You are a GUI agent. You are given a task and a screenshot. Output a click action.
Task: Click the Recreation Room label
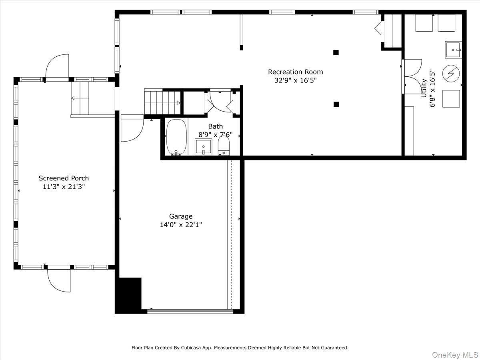tap(295, 72)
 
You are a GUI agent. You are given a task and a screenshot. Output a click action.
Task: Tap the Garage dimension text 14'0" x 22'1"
tap(181, 225)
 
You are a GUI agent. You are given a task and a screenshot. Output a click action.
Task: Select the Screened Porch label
tap(64, 178)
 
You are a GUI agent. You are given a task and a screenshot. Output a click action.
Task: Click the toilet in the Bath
tap(224, 145)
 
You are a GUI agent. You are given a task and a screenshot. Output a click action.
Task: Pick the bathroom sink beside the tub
tap(203, 146)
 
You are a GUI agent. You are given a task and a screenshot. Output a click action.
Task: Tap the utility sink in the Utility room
tap(453, 49)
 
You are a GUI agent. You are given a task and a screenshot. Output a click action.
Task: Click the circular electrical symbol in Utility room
tap(451, 74)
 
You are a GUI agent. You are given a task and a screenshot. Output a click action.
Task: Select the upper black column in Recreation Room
tap(336, 52)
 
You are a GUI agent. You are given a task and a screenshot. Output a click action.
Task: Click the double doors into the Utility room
tap(412, 76)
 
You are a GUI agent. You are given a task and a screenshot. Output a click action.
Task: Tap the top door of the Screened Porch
tap(57, 67)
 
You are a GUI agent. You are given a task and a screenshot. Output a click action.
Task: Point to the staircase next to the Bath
tap(162, 102)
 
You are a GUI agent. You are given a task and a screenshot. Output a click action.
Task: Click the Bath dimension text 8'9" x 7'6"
tap(216, 135)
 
